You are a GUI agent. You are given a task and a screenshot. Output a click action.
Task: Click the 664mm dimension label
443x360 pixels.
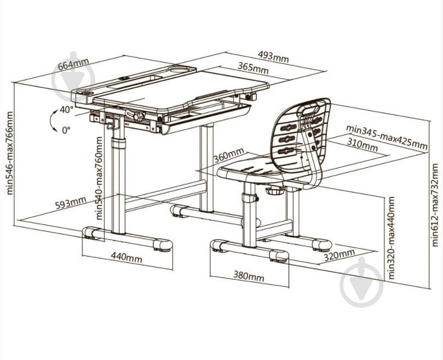click(x=73, y=64)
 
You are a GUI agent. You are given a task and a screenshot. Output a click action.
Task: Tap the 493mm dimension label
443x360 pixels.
click(x=273, y=57)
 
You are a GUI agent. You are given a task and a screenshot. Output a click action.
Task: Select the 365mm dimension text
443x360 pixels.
click(x=253, y=68)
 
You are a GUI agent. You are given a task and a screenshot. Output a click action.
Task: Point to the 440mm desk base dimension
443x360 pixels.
click(x=126, y=258)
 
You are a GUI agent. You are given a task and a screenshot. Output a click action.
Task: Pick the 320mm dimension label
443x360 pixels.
click(x=339, y=255)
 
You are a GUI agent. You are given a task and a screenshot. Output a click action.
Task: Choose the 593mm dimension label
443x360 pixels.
click(x=70, y=203)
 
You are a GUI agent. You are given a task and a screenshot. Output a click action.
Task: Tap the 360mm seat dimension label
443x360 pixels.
click(x=228, y=155)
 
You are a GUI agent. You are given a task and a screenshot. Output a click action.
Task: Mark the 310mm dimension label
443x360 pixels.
click(x=362, y=144)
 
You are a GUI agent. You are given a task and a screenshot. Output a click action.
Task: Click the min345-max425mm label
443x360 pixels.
click(x=387, y=137)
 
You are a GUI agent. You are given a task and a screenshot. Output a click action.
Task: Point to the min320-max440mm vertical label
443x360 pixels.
click(x=391, y=238)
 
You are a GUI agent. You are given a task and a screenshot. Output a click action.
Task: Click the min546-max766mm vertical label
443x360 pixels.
click(x=9, y=154)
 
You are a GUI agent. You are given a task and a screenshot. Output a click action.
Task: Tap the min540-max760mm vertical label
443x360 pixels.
click(x=99, y=178)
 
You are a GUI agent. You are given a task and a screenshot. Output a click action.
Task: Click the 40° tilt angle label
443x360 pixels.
click(x=67, y=110)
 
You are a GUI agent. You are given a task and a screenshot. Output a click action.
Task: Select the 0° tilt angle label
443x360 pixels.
click(x=66, y=130)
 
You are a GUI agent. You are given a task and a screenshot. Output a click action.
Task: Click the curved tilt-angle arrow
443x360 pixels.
click(x=51, y=120)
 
